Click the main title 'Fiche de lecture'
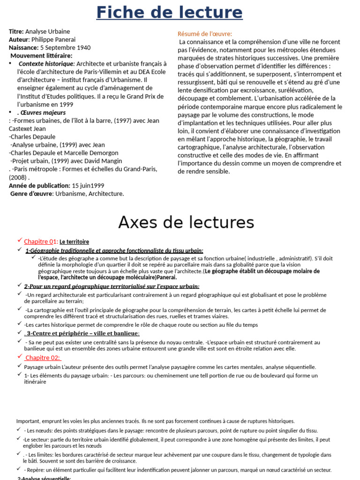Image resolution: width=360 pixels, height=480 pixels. (169, 13)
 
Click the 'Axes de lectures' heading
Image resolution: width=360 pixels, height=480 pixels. (186, 222)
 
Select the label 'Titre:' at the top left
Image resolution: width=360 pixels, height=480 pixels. (16, 31)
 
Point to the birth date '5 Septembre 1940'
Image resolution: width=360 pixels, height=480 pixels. (66, 47)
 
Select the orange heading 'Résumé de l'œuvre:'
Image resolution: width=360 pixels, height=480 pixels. (205, 34)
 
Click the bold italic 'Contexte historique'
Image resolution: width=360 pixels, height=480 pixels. (46, 64)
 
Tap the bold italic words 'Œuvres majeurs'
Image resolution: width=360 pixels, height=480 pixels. (42, 112)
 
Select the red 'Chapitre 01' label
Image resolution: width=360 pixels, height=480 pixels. (40, 241)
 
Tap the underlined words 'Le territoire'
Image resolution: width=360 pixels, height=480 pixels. (74, 242)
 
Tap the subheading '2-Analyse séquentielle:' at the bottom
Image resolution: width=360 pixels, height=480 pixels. (44, 478)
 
